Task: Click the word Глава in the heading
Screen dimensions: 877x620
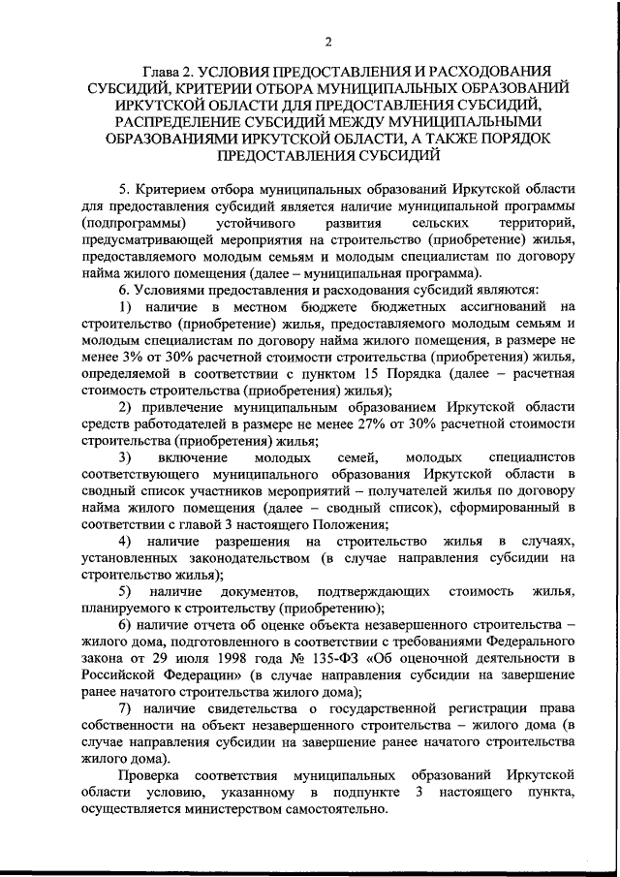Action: pos(164,72)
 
